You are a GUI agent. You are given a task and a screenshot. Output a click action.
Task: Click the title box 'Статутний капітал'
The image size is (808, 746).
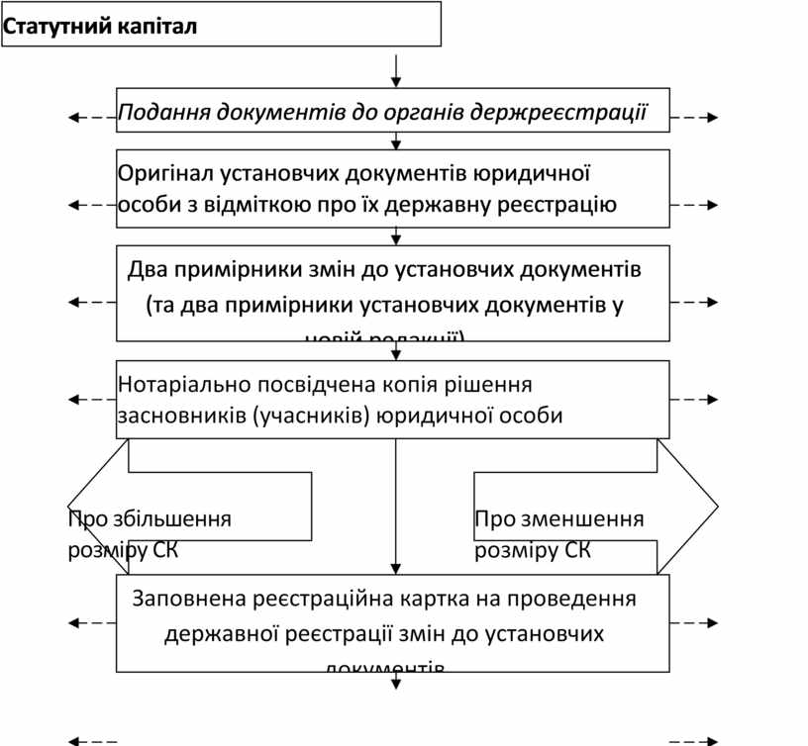220,25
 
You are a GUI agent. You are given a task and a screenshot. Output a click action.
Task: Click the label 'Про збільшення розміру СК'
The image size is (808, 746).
149,534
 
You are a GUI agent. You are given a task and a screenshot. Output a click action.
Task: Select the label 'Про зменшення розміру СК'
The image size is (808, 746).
558,534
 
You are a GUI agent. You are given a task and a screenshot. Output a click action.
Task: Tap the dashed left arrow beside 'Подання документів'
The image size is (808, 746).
92,118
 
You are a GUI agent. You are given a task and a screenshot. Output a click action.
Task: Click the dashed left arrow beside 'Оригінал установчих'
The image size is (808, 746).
92,205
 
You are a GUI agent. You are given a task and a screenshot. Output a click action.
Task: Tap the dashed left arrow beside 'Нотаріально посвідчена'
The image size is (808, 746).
92,400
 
